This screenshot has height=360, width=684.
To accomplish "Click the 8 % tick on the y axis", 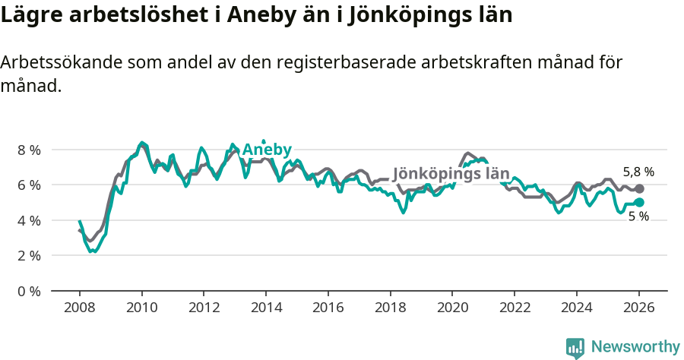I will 29,150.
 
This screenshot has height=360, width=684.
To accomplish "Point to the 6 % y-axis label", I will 29,185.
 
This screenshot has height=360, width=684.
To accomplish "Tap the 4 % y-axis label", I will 29,220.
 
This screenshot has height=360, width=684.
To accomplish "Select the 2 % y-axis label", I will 29,255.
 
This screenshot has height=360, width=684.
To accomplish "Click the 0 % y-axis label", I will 29,291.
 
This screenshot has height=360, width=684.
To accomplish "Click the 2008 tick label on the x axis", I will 79,308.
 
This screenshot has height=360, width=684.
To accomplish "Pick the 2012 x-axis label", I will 203,308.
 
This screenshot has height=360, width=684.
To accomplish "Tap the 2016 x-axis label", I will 328,308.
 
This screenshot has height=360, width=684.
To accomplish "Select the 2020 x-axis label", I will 451,308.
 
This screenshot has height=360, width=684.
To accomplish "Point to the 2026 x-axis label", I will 638,308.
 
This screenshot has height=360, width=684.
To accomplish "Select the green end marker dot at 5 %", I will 639,202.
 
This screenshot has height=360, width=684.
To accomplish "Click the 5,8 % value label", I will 638,172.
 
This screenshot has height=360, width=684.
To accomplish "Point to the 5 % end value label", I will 638,216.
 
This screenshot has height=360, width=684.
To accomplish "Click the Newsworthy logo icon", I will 575,347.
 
